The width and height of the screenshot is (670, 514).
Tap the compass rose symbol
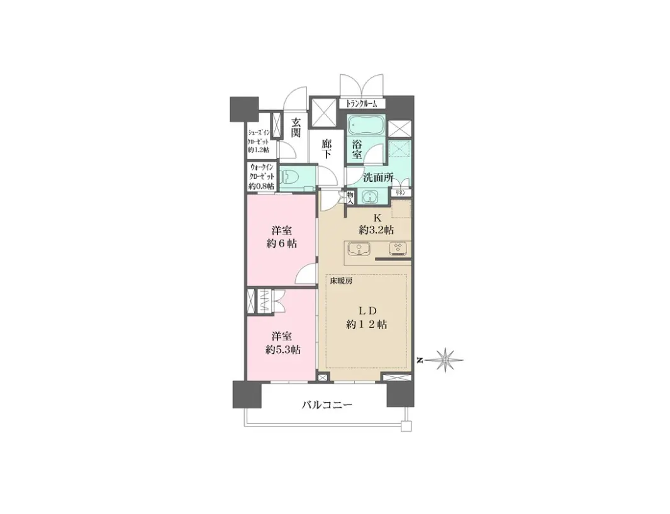pyautogui.click(x=447, y=360)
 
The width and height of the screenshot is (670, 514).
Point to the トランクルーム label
pyautogui.click(x=362, y=104)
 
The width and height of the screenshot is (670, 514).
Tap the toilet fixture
pyautogui.click(x=290, y=177)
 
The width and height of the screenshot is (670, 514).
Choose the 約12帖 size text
pyautogui.click(x=366, y=325)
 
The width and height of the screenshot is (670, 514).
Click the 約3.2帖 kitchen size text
pyautogui.click(x=376, y=230)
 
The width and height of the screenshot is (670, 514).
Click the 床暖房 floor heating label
pyautogui.click(x=341, y=281)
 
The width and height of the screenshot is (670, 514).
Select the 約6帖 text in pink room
pyautogui.click(x=281, y=243)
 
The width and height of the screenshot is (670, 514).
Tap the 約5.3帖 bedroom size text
pyautogui.click(x=281, y=349)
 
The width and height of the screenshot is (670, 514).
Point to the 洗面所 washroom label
pyautogui.click(x=378, y=177)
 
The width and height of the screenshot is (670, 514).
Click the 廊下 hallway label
pyautogui.click(x=327, y=149)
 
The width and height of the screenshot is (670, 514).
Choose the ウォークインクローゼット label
pyautogui.click(x=261, y=177)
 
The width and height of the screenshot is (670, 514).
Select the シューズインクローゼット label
pyautogui.click(x=259, y=141)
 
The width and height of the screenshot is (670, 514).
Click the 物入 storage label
pyautogui.click(x=350, y=197)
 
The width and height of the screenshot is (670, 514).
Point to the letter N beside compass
pyautogui.click(x=419, y=360)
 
